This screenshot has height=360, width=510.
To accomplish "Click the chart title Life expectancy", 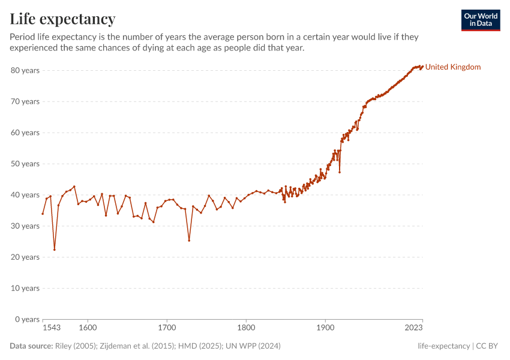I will (62, 19).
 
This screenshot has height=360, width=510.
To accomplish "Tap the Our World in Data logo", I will (480, 20).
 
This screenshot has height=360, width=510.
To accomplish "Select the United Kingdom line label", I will (453, 67).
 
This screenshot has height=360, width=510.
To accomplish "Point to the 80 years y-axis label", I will (25, 70).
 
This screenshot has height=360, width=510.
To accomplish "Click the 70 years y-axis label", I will (25, 101).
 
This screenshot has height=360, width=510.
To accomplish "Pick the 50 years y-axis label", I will (25, 164).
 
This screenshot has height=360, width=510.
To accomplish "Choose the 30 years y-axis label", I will (25, 226).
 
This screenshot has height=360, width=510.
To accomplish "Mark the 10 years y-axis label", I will (25, 288).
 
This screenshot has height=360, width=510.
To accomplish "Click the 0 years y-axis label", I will (27, 319).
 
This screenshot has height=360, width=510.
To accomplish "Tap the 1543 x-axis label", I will (52, 328).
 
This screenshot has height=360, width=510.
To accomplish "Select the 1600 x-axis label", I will (88, 328).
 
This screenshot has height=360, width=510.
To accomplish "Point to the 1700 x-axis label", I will (167, 328).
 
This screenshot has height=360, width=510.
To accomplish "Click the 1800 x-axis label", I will (246, 328).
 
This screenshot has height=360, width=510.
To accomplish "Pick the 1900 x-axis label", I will (325, 328).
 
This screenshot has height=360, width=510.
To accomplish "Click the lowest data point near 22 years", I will (55, 250).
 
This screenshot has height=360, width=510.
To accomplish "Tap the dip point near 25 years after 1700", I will (189, 241).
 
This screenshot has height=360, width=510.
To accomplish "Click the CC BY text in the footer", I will (489, 346).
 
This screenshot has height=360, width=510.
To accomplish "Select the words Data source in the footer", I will (31, 346).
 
